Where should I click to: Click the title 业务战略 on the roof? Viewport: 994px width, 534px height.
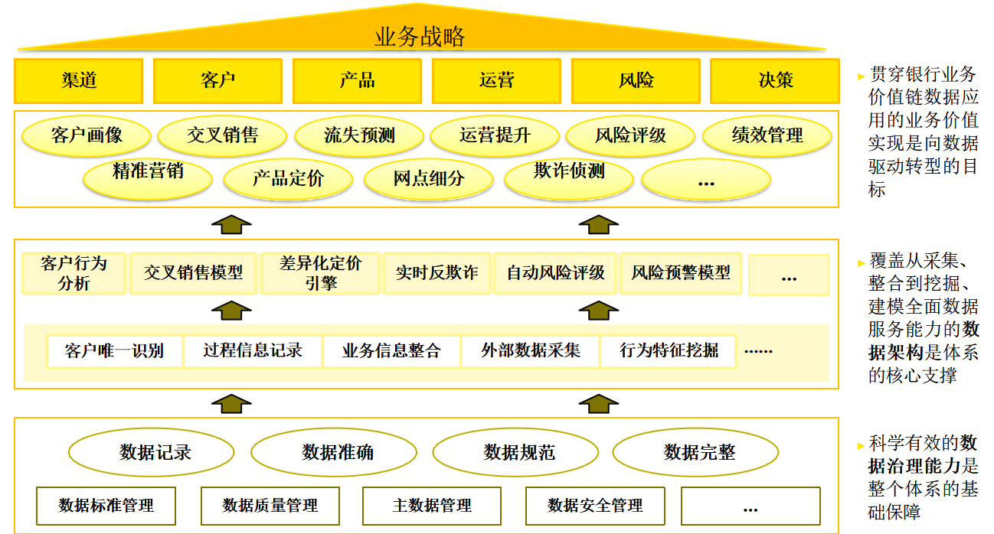point(420,36)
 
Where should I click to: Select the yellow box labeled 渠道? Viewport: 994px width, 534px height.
point(79,80)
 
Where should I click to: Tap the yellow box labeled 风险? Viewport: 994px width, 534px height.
point(636,80)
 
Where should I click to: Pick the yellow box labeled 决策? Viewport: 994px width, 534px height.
point(775,80)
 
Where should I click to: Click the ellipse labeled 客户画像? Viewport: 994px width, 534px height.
point(87,136)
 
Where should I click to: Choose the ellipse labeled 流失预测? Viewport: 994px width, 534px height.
point(359,136)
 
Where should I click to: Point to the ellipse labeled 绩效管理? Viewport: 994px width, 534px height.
point(767,136)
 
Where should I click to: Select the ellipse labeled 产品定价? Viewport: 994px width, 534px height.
point(288,179)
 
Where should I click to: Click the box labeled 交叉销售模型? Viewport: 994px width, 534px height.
point(193,273)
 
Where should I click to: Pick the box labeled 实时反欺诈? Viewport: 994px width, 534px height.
point(437,273)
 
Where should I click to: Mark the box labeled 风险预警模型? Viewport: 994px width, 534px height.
point(681,273)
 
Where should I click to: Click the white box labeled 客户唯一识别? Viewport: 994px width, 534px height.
point(115,351)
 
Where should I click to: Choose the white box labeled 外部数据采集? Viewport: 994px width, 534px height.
point(530,351)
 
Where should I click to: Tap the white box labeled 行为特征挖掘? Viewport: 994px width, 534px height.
point(669,351)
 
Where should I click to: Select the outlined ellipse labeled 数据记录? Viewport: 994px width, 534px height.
point(155,452)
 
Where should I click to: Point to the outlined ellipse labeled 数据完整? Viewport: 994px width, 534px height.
point(699,452)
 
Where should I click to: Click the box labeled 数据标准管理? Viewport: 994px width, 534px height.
point(106,506)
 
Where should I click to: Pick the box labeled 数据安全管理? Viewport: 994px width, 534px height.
point(595,506)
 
